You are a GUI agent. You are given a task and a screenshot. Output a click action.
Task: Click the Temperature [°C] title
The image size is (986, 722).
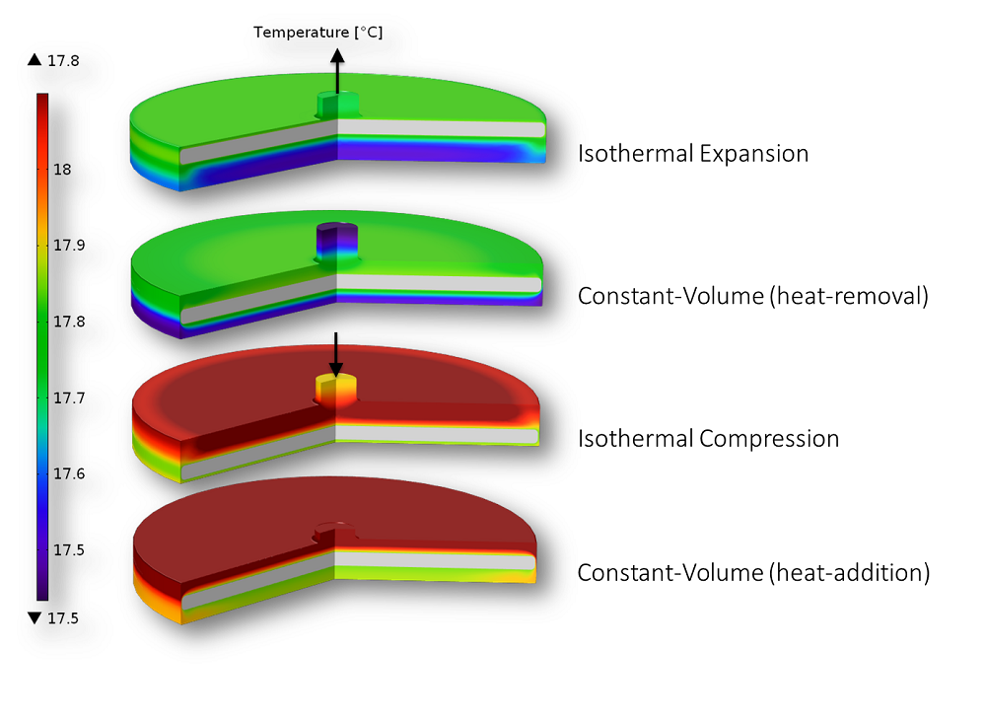(317, 33)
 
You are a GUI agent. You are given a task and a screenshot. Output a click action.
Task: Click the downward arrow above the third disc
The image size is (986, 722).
(336, 353)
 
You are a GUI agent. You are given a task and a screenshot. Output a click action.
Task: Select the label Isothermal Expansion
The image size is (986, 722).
(692, 154)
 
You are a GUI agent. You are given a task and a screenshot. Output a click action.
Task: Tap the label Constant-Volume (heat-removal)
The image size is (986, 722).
(752, 296)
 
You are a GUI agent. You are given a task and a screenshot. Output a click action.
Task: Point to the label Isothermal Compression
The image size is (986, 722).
(708, 439)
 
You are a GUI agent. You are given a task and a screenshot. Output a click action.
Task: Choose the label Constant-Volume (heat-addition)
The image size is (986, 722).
(753, 572)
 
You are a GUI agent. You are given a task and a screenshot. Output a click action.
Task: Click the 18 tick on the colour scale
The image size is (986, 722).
(62, 170)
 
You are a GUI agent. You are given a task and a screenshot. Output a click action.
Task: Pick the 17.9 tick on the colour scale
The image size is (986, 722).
(68, 246)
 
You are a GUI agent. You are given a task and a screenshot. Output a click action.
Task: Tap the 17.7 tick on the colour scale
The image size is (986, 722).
(68, 397)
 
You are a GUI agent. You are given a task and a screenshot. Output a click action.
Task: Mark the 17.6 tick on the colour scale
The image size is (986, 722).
(68, 473)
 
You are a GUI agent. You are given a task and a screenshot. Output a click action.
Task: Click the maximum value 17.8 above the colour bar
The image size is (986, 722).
(63, 61)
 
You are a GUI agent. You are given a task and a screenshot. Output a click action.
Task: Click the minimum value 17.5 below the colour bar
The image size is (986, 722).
(63, 618)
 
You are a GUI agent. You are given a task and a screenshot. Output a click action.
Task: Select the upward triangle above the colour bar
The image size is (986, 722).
(35, 61)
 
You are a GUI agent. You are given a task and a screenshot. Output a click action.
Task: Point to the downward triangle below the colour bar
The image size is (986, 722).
(35, 618)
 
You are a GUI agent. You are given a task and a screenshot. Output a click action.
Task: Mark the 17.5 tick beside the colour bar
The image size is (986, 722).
(68, 549)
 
